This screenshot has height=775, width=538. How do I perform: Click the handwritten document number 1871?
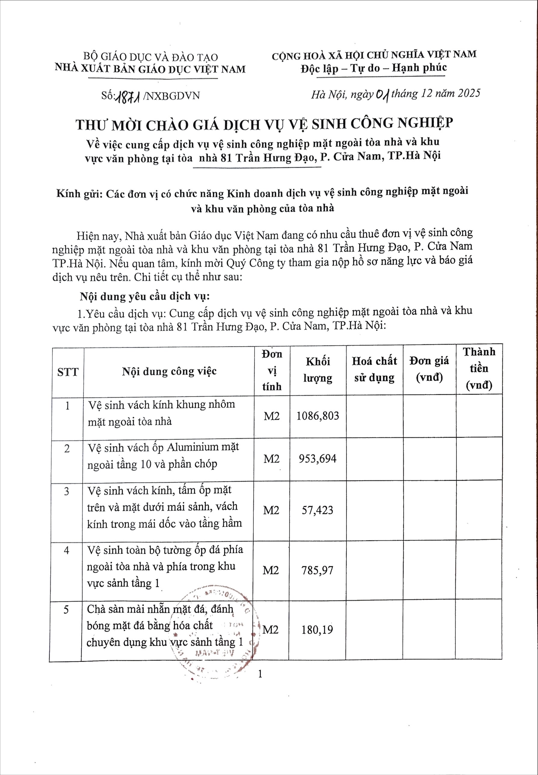[128, 97]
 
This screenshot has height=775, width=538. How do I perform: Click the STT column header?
[68, 372]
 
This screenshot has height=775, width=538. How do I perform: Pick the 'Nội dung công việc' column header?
[169, 371]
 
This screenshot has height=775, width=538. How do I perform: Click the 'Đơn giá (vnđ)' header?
[429, 369]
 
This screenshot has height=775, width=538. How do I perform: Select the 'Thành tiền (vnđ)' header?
[479, 368]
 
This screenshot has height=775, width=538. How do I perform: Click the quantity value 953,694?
[318, 458]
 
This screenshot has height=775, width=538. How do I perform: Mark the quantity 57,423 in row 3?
[317, 510]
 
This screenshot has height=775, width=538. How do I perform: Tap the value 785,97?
[317, 570]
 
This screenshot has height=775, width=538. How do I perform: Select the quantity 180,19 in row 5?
[317, 630]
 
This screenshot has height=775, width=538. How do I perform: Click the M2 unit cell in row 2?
[271, 459]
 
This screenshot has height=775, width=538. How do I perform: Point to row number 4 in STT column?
[67, 551]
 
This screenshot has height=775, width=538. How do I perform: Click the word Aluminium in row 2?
[193, 447]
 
